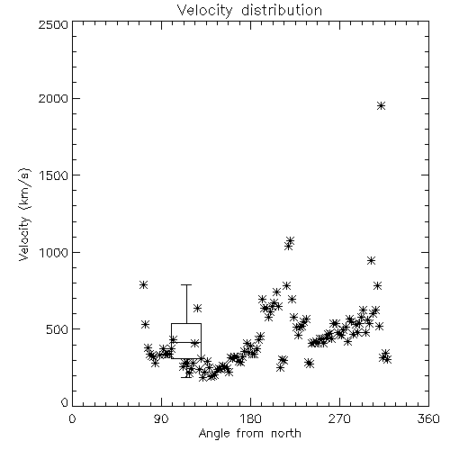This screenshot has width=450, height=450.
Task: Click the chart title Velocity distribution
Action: coord(249,11)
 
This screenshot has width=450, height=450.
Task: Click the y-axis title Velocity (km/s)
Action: coord(24,213)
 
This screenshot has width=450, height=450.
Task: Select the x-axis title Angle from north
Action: coord(249,434)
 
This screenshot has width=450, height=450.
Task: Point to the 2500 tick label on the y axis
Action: coord(53,24)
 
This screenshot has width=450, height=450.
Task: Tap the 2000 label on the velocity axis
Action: coord(53,98)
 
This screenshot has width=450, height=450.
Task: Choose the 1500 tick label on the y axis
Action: coord(54,175)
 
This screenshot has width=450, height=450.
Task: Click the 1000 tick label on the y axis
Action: coord(54,252)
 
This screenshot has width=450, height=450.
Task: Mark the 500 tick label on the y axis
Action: coord(58,329)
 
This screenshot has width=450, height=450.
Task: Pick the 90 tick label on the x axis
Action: coord(161,418)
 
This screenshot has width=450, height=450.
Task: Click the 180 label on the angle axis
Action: coord(250,418)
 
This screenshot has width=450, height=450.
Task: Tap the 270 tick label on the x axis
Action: coord(339,418)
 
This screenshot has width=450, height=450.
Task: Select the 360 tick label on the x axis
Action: coord(428,418)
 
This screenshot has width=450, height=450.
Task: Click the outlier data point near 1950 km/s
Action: coord(381,105)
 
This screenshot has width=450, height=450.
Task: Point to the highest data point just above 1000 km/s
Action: coord(290,240)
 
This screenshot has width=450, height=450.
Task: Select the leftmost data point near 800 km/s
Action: coord(143,284)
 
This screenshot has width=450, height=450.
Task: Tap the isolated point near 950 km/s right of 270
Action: coord(372,260)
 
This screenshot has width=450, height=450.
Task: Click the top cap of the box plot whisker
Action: coord(186,284)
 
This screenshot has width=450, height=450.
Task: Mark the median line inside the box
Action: coord(186,342)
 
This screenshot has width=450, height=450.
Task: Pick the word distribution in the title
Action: coord(282,11)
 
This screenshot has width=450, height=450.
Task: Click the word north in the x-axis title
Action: coord(286,434)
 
